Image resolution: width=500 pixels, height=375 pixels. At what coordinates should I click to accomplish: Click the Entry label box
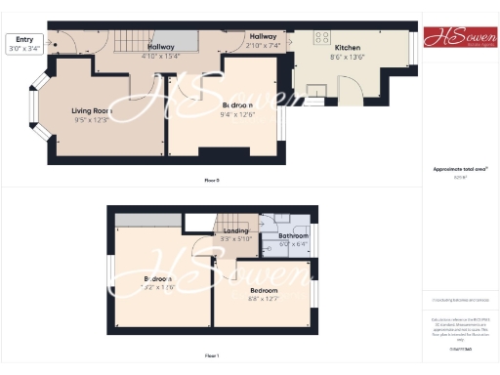tap(24, 44)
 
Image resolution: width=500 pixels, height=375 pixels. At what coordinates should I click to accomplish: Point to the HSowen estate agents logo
tap(456, 37)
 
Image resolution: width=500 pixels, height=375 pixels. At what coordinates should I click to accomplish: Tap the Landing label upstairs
tap(235, 229)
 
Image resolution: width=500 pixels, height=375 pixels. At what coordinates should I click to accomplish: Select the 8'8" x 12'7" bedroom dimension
tap(264, 300)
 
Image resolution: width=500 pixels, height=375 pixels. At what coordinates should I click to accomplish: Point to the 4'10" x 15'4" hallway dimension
tap(160, 56)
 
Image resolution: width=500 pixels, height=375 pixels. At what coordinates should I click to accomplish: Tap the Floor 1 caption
tap(211, 356)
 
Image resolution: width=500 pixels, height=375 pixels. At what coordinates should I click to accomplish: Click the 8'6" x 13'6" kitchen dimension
tap(349, 57)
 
